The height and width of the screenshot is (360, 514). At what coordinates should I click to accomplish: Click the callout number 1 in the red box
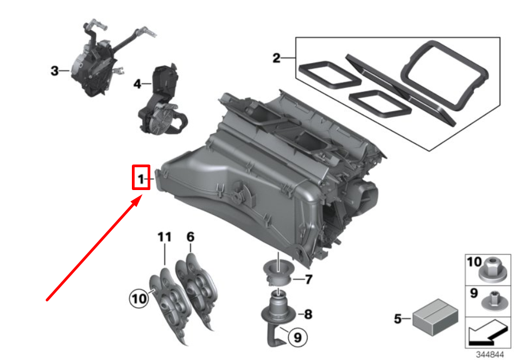(141, 179)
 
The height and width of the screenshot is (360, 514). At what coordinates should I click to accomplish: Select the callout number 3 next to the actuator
(54, 71)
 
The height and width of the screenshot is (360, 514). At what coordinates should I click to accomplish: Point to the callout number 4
(137, 84)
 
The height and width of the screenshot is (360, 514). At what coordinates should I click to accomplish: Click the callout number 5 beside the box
(398, 319)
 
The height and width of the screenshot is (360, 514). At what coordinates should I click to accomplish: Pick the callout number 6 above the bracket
(190, 237)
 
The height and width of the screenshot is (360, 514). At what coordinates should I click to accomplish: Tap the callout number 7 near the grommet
(308, 280)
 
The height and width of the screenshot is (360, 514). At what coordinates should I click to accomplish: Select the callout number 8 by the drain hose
(308, 313)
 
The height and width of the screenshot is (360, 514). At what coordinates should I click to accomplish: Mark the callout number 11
(164, 237)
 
